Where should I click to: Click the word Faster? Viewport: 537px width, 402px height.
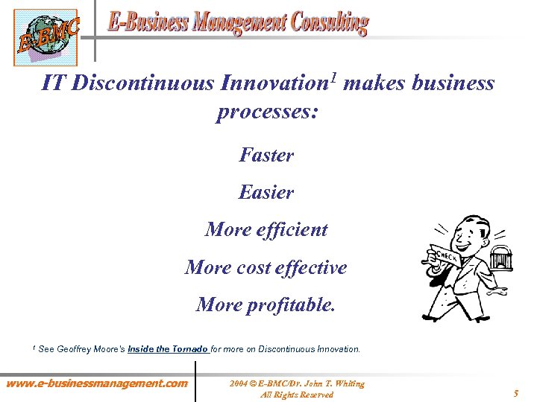pos(266,156)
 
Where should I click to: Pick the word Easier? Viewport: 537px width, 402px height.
pos(266,193)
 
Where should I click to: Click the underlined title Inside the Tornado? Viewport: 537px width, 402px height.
pos(169,348)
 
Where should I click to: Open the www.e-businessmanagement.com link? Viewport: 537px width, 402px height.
pos(97,383)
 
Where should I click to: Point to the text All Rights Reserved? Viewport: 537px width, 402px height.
pos(296,395)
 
